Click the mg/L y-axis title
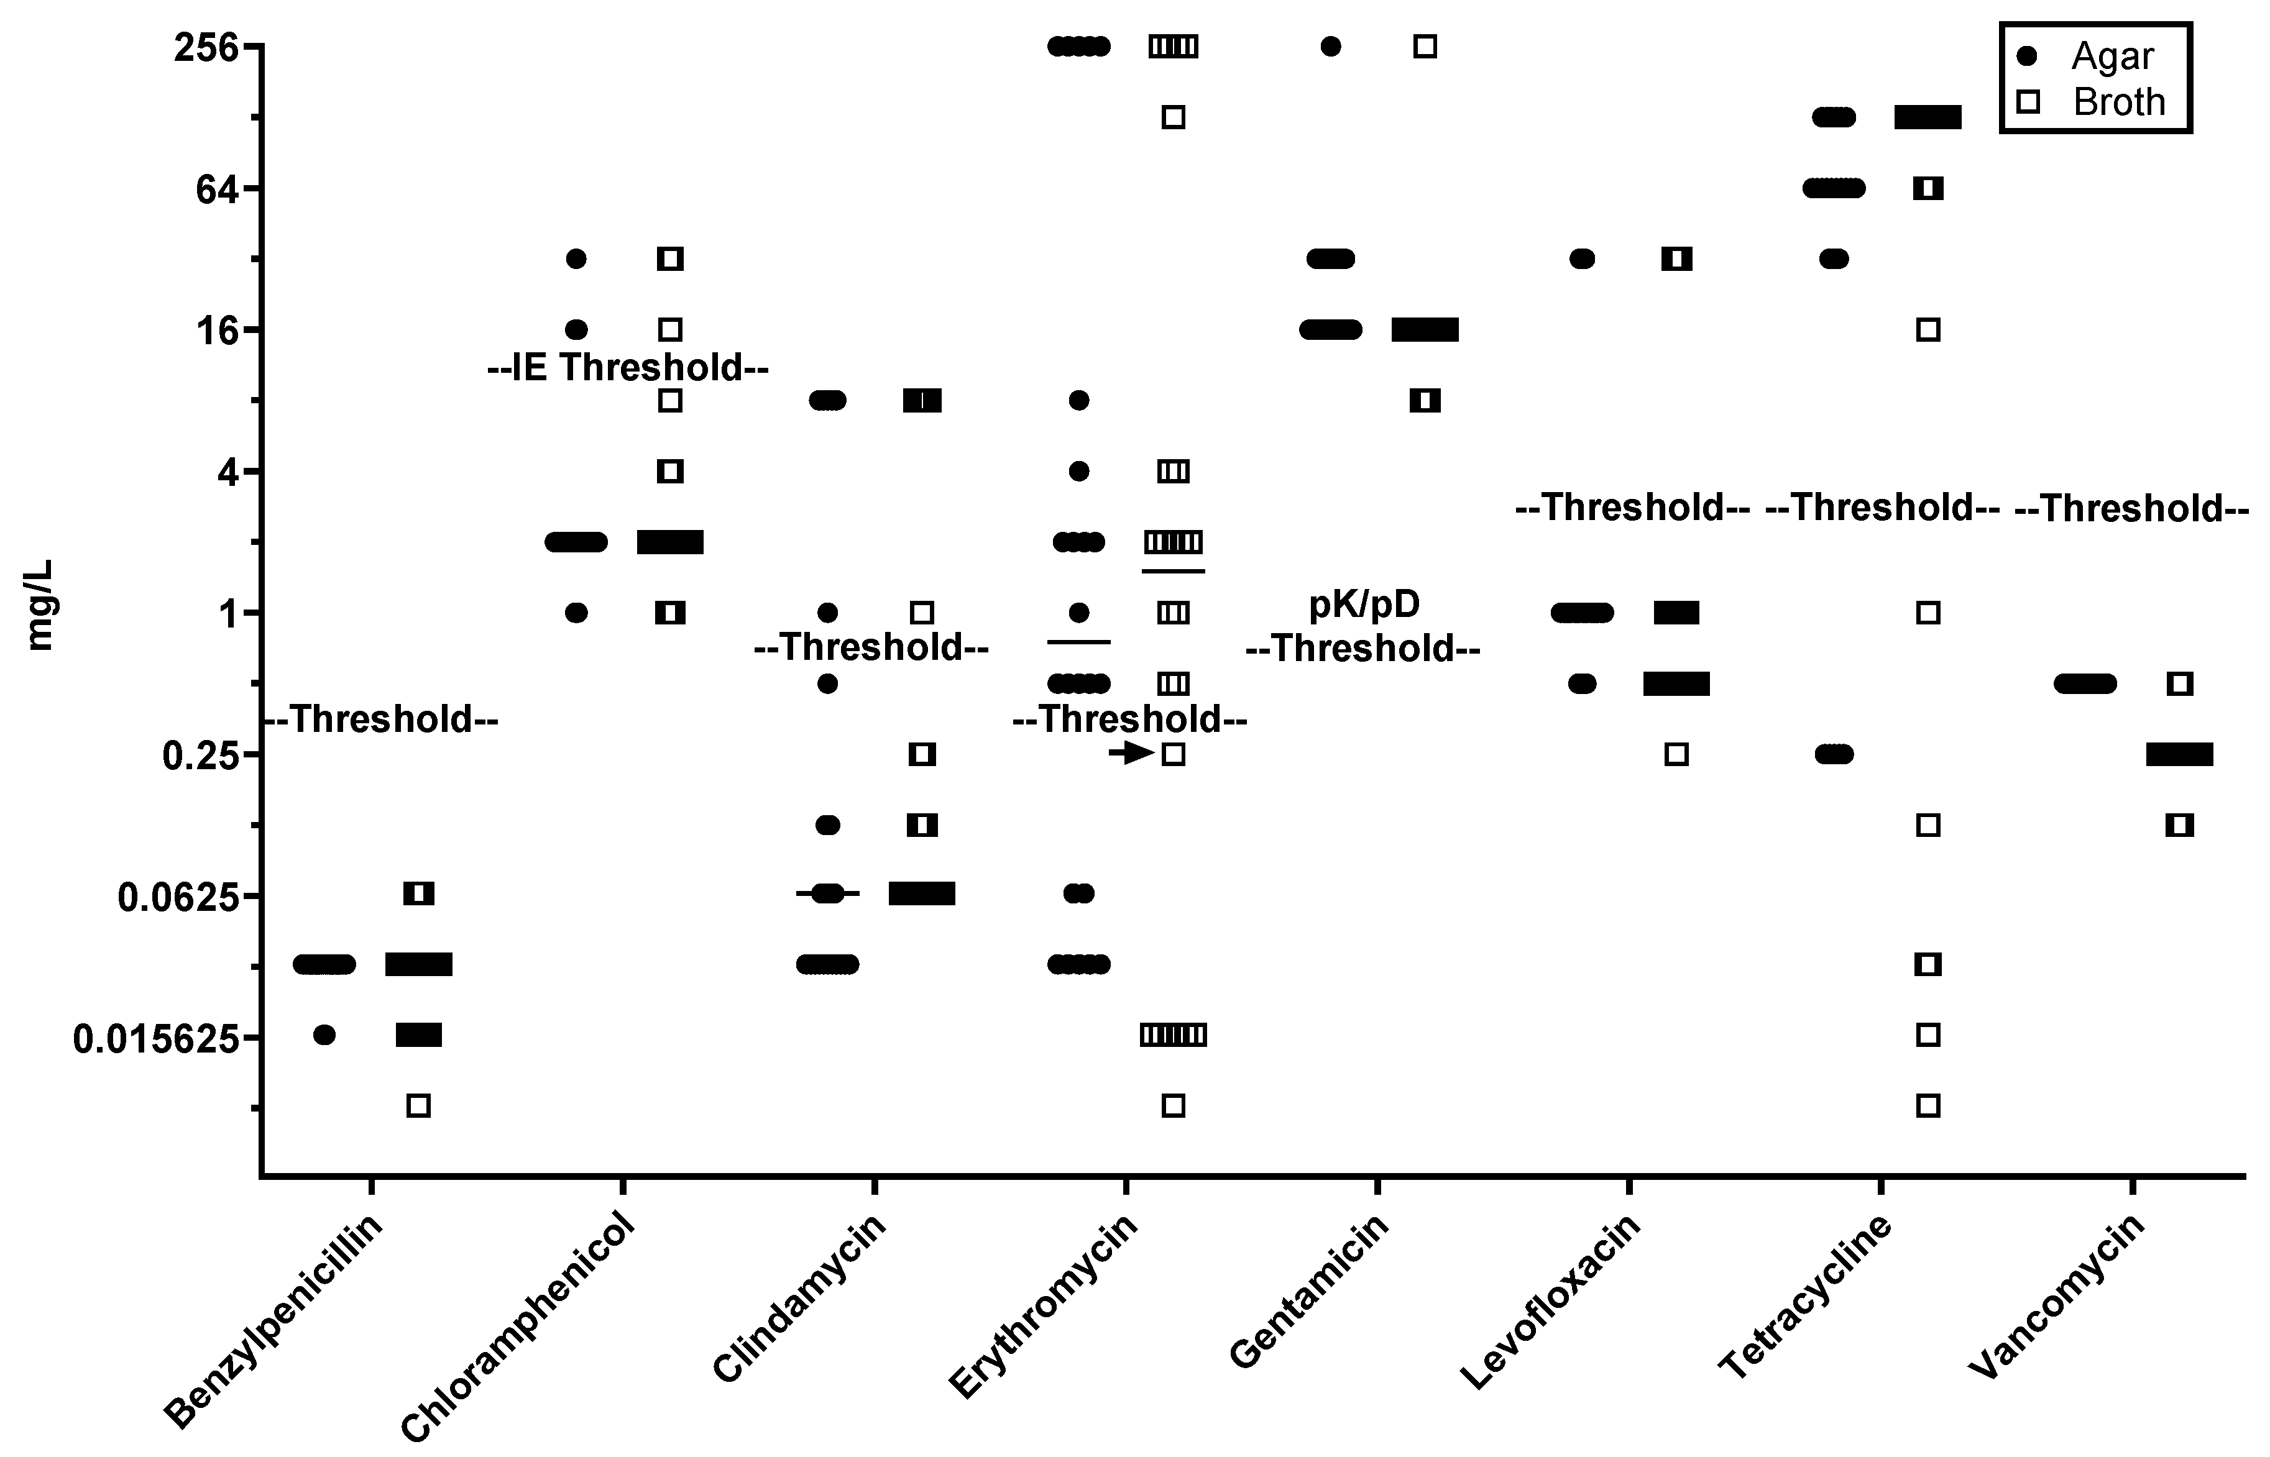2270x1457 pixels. [40, 606]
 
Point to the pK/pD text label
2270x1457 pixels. [1364, 604]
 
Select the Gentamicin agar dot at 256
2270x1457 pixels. [1330, 47]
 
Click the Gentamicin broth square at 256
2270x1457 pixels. [1425, 47]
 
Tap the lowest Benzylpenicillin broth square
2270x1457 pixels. [418, 1105]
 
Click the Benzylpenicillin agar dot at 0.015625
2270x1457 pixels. [324, 1035]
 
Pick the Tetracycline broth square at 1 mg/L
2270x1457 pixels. [1928, 612]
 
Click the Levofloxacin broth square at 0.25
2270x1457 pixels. [1676, 754]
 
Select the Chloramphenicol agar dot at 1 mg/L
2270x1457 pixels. [576, 612]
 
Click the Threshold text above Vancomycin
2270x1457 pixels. [2131, 509]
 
